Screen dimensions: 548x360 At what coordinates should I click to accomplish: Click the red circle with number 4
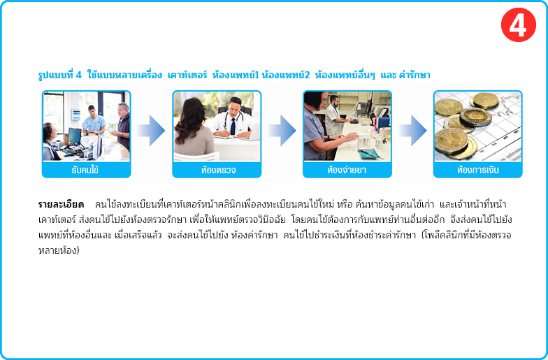(x=519, y=25)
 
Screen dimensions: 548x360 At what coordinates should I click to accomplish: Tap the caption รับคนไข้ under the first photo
(x=85, y=171)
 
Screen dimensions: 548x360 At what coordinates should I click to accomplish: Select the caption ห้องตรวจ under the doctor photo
(x=218, y=171)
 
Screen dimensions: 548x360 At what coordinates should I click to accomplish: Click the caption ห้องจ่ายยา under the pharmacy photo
(x=347, y=171)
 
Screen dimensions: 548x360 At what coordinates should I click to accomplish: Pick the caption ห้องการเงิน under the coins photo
(x=478, y=171)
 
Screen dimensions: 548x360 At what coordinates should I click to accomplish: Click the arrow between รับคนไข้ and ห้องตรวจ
(x=151, y=130)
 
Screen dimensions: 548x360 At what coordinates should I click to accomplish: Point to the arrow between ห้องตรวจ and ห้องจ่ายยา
(x=282, y=130)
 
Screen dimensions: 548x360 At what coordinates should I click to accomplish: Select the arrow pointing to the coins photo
(x=412, y=130)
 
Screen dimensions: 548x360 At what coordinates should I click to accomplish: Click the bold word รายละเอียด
(x=61, y=204)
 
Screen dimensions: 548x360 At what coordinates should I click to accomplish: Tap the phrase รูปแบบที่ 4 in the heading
(x=60, y=75)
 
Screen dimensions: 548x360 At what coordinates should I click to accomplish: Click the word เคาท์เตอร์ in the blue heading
(x=187, y=75)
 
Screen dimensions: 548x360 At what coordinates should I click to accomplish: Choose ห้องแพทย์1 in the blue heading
(x=236, y=75)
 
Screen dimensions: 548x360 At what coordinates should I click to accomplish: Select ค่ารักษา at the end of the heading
(x=414, y=75)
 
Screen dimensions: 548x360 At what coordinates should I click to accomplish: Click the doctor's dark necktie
(x=233, y=127)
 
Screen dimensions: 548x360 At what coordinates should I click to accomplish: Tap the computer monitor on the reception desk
(x=74, y=136)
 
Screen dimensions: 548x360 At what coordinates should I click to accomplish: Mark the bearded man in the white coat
(x=334, y=116)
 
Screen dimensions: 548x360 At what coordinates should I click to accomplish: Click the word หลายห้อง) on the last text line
(x=59, y=250)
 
